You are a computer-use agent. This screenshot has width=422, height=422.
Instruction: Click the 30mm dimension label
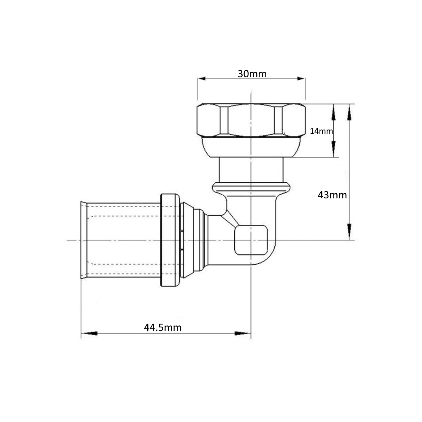252,74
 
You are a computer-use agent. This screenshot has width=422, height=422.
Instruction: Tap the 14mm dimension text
321,131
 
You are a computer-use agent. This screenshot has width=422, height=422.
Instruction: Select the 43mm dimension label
333,195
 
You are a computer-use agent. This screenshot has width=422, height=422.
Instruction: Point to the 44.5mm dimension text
162,327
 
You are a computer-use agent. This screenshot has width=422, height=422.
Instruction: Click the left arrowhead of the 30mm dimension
202,78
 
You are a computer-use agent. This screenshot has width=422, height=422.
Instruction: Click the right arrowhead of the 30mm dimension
300,78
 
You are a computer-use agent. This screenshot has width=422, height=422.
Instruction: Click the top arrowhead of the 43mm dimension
349,112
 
